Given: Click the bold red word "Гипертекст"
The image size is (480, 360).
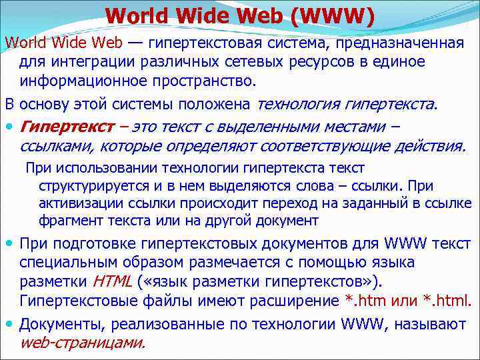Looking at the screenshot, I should click(x=59, y=127).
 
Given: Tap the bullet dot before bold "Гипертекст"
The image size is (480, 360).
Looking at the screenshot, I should click(x=10, y=127).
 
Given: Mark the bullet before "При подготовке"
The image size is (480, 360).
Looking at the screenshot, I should click(x=10, y=244).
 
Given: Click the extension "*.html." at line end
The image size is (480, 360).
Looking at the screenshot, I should click(x=451, y=299).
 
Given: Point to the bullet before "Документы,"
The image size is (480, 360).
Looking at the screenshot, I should click(x=10, y=325).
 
